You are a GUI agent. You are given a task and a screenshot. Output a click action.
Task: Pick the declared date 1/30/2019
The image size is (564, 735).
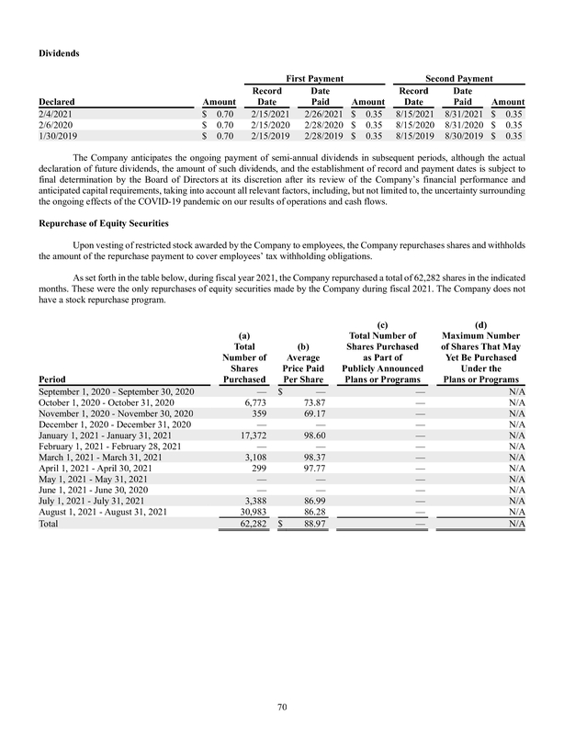[x=58, y=135]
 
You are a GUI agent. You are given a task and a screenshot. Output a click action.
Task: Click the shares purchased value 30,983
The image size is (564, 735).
[x=250, y=511]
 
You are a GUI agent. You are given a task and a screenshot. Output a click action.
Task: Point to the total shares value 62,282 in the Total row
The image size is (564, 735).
[x=250, y=523]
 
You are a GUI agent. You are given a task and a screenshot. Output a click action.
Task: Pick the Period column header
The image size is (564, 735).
[x=51, y=377]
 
